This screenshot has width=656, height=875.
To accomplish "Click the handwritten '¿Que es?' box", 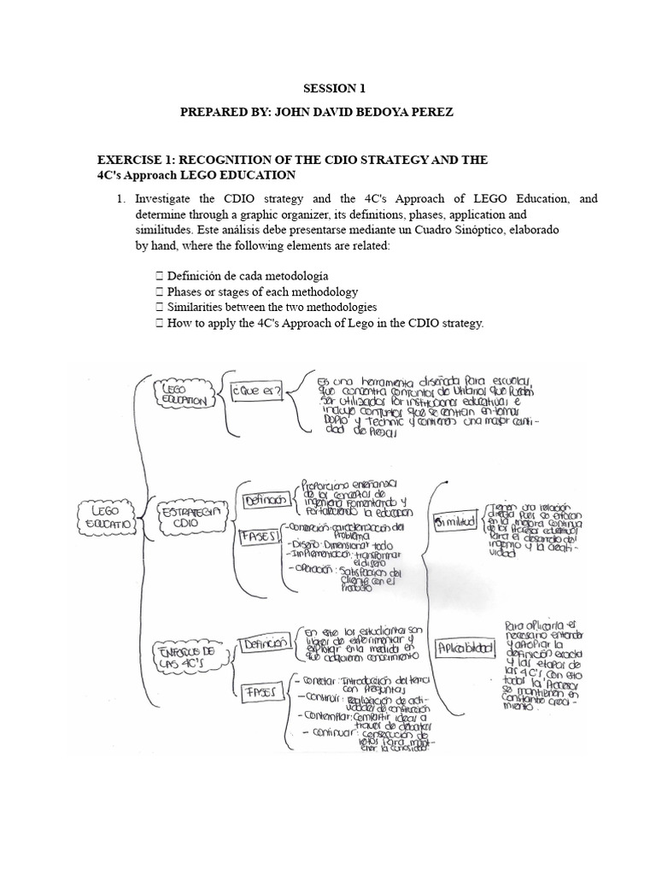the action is [x=254, y=392].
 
